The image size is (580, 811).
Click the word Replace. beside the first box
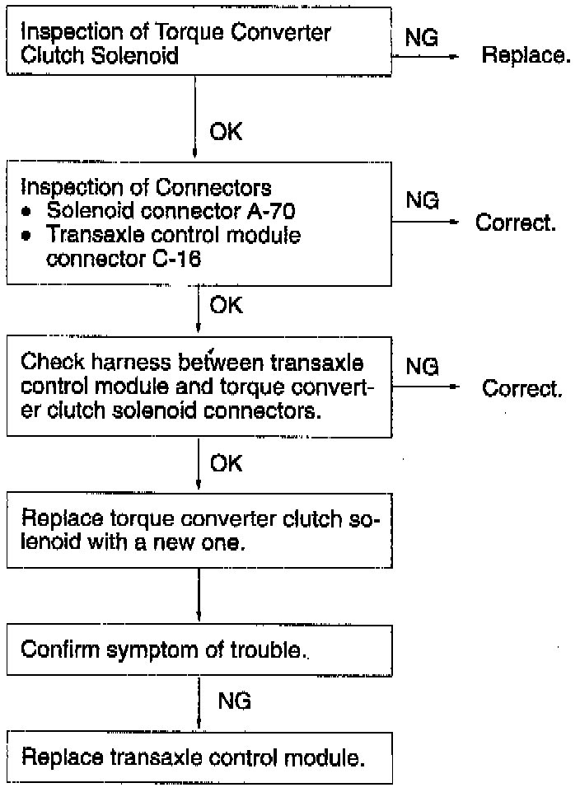tap(526, 57)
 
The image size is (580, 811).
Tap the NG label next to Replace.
tap(422, 38)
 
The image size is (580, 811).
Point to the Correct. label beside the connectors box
tap(516, 223)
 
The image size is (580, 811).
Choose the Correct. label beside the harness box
tap(522, 388)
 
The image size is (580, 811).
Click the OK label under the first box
tap(226, 132)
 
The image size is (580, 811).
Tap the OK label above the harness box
tap(226, 306)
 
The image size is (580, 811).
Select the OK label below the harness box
tap(226, 463)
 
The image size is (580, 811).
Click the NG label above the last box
tap(234, 701)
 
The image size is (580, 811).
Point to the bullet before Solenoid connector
tap(28, 211)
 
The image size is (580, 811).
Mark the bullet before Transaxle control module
tap(28, 236)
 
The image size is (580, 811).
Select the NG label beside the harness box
tap(422, 368)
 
